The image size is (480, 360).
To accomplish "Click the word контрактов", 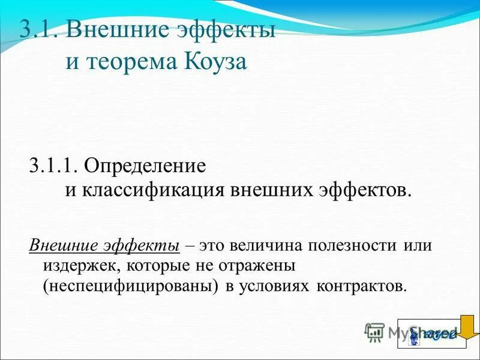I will point(359,285).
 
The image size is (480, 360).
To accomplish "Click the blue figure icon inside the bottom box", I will point(414,335).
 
